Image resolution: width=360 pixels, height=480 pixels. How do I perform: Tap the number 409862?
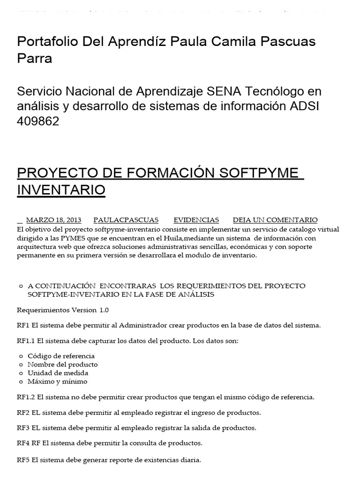click(x=38, y=121)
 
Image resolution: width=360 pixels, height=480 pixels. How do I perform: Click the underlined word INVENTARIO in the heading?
click(x=61, y=190)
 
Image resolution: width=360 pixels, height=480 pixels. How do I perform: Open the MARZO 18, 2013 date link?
click(x=53, y=220)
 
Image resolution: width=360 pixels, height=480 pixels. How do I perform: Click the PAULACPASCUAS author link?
click(x=126, y=220)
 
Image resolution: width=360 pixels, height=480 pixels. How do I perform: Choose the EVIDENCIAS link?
click(x=196, y=220)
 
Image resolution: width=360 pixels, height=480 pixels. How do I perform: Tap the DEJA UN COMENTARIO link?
click(x=275, y=220)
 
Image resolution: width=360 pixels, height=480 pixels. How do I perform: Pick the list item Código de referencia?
click(x=61, y=356)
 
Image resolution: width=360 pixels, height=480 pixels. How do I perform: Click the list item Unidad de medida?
click(x=58, y=373)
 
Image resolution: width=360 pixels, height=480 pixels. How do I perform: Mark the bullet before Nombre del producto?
click(x=21, y=365)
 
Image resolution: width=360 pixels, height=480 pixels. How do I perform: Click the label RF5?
click(x=23, y=460)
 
